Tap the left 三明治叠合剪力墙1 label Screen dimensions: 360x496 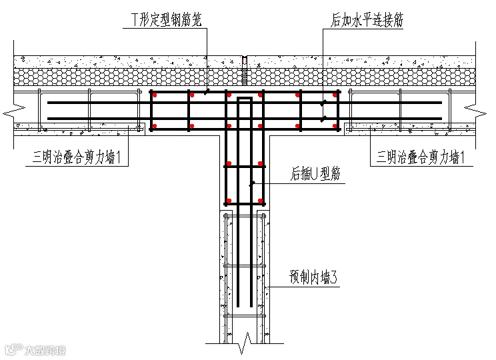(80, 157)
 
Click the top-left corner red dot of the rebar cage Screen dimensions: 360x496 (154, 95)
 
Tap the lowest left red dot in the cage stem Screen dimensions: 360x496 (229, 201)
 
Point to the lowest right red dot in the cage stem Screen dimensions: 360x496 (259, 201)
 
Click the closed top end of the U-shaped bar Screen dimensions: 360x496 (245, 99)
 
